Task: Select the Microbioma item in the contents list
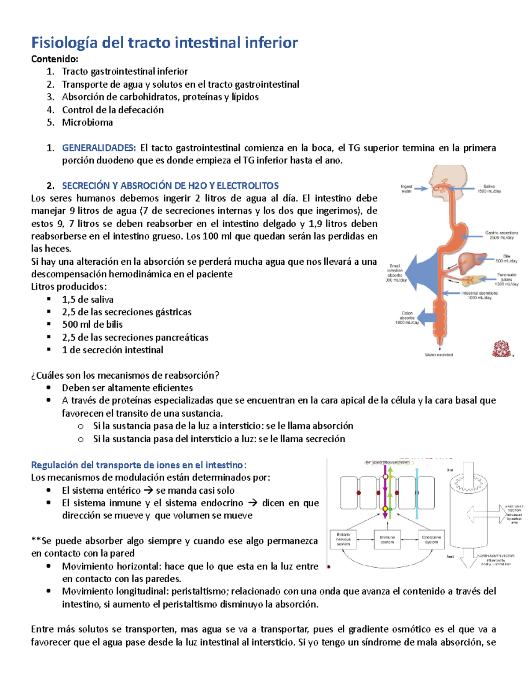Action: [87, 122]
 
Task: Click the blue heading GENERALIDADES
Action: [99, 148]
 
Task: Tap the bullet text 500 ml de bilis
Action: [92, 325]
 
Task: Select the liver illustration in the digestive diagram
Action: [472, 263]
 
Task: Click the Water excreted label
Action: [439, 355]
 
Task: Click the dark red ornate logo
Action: [501, 348]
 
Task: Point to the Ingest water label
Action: [407, 189]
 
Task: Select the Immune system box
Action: [387, 540]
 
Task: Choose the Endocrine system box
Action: [431, 540]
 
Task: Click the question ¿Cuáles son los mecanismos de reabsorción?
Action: [125, 375]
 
